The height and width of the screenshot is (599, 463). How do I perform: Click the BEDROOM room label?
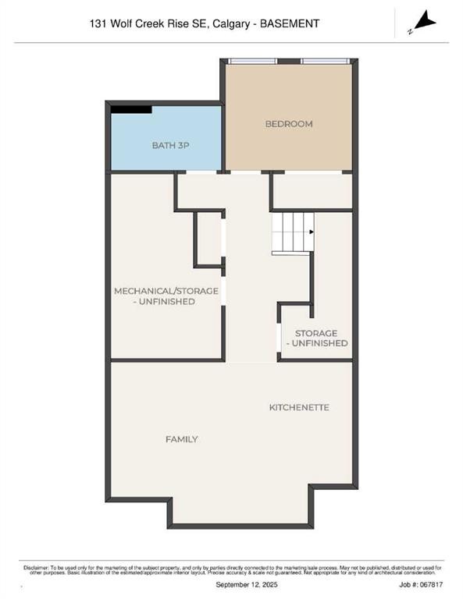289,124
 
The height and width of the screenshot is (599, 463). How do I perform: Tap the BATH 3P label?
166,145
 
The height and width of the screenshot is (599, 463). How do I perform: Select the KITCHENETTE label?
299,407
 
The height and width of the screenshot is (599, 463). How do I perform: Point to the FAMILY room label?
181,439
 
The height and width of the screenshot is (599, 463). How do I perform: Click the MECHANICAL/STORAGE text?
166,291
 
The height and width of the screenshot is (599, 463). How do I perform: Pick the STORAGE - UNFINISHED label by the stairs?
316,338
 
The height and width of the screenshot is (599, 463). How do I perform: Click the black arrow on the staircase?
311,232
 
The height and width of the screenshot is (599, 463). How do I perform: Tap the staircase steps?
290,231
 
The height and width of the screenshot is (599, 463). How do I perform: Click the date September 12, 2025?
231,583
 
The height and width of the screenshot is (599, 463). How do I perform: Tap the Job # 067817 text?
421,583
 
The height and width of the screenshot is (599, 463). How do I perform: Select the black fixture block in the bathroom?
131,109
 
